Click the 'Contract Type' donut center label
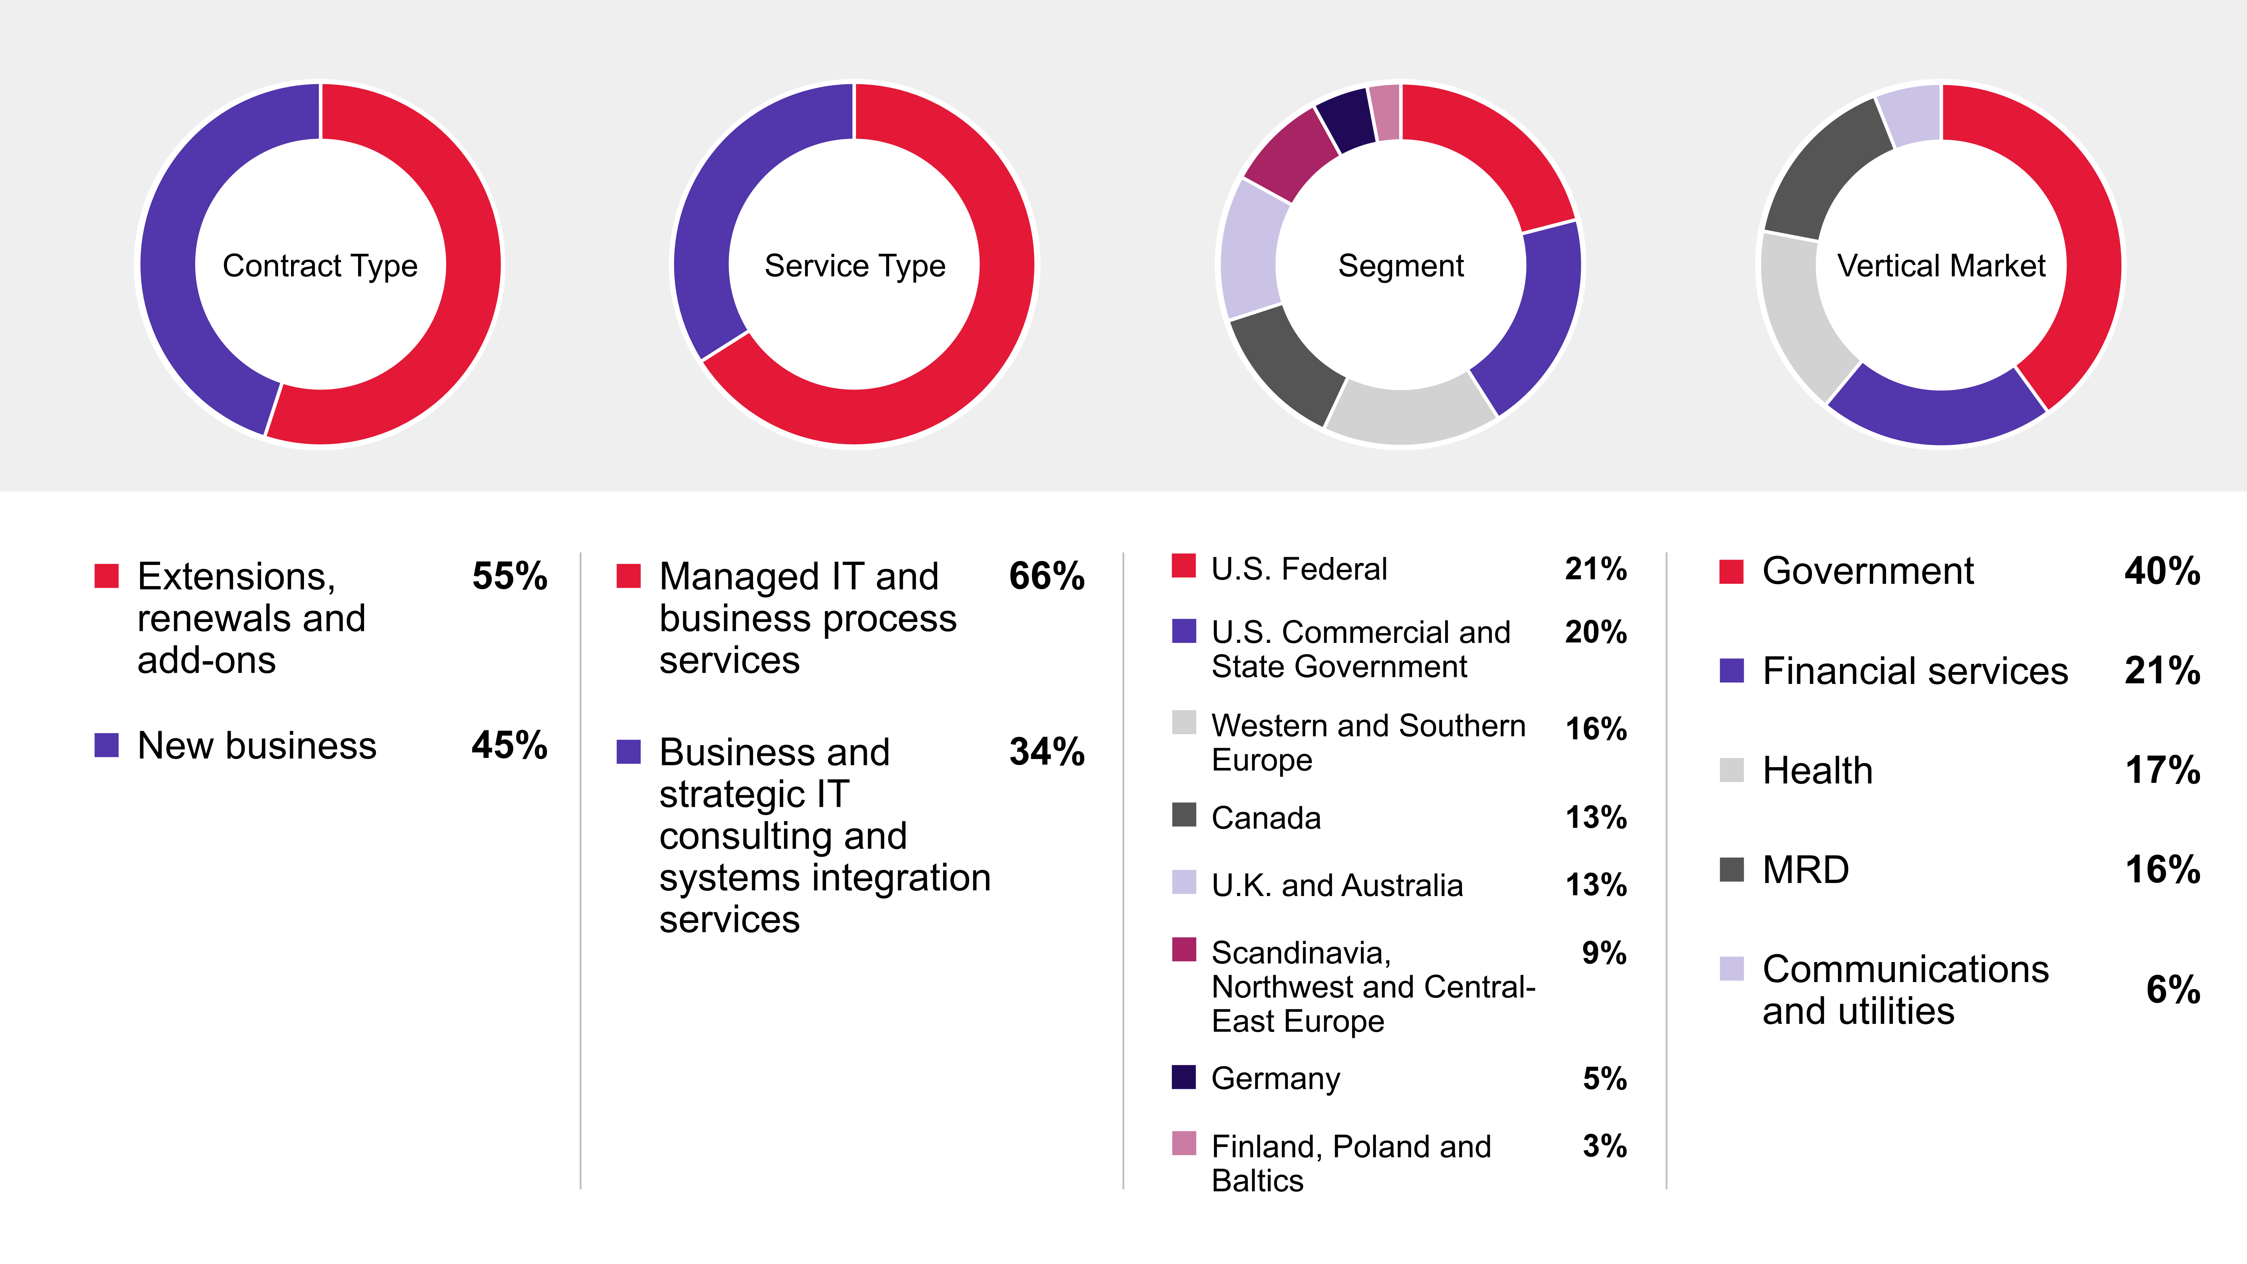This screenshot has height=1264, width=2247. point(320,265)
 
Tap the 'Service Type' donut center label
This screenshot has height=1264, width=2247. point(855,265)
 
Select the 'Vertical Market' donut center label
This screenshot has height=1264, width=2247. point(1941,265)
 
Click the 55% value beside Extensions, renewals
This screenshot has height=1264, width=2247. point(509,576)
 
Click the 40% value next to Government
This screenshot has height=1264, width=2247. point(2162,571)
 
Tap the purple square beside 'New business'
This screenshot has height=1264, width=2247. point(106,745)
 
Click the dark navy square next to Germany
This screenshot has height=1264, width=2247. point(1184,1077)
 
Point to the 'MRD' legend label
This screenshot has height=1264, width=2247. point(1805,870)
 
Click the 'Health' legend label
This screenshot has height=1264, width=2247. point(1817,770)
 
